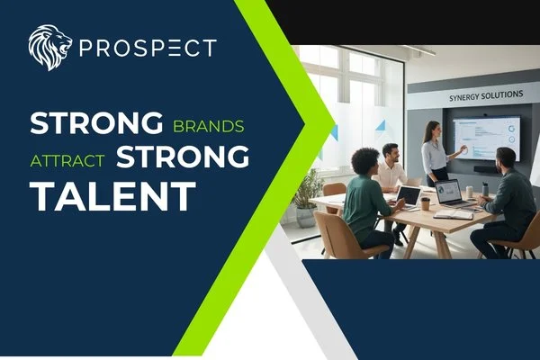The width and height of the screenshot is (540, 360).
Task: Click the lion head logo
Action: pos(49,47)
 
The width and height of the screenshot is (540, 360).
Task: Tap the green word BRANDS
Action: pos(208,124)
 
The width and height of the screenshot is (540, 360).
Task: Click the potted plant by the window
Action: pos(309,196)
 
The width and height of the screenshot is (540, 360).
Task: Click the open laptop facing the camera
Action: pos(448,193)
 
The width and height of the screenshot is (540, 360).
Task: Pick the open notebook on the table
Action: pos(452,213)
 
